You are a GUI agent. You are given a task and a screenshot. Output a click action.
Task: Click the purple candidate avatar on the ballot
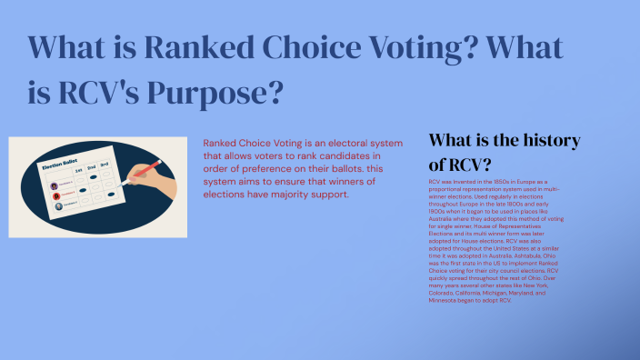click(x=54, y=185)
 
